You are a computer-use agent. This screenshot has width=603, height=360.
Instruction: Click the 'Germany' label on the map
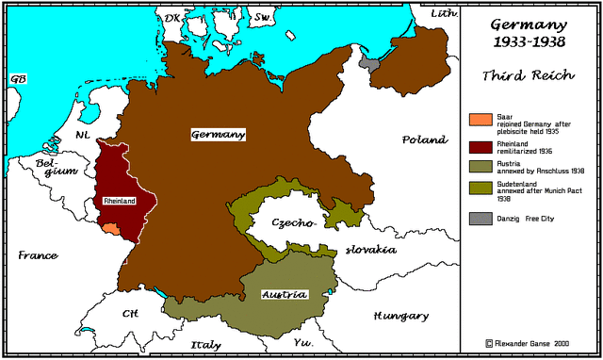218,135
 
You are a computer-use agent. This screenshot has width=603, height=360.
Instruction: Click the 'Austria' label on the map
284,294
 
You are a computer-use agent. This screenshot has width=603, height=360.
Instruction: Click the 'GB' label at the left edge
17,79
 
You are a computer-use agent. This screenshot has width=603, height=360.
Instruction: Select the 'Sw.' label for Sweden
265,17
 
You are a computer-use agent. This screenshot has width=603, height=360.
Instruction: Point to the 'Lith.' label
443,13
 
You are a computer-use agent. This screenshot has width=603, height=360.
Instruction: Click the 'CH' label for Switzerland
130,313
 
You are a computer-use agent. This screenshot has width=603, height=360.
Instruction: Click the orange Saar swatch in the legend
480,120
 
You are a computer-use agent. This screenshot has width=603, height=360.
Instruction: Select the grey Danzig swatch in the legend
480,219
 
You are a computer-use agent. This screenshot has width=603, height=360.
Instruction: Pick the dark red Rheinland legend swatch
480,146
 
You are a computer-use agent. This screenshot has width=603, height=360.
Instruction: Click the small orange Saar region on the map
111,227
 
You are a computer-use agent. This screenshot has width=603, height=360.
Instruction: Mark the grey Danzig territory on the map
369,62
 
